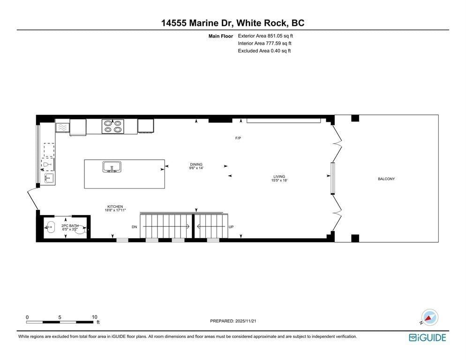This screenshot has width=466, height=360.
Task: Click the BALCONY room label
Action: click(386, 179)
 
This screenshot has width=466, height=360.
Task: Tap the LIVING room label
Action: click(279, 177)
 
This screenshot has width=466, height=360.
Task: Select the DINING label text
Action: click(196, 165)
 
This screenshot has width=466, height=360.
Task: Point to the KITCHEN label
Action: click(115, 207)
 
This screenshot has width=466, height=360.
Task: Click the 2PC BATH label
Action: click(70, 226)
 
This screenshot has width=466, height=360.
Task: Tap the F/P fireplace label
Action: click(238, 138)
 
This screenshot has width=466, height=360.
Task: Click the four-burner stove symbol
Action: click(113, 127)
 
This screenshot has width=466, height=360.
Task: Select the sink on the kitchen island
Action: click(112, 167)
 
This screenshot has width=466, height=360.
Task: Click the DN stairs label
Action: click(135, 227)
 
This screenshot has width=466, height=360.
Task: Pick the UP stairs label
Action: click(231, 227)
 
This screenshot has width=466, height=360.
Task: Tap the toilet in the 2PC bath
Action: click(81, 229)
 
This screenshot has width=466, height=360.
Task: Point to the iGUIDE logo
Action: click(428, 337)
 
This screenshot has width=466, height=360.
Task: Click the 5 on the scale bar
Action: click(60, 317)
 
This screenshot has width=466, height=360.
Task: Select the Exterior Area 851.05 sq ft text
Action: click(265, 36)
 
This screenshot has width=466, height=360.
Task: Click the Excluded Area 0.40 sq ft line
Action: click(264, 51)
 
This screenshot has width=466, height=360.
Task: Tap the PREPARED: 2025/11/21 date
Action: click(233, 321)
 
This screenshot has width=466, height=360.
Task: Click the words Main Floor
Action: click(221, 36)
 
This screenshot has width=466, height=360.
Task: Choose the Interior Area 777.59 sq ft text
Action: click(264, 44)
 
